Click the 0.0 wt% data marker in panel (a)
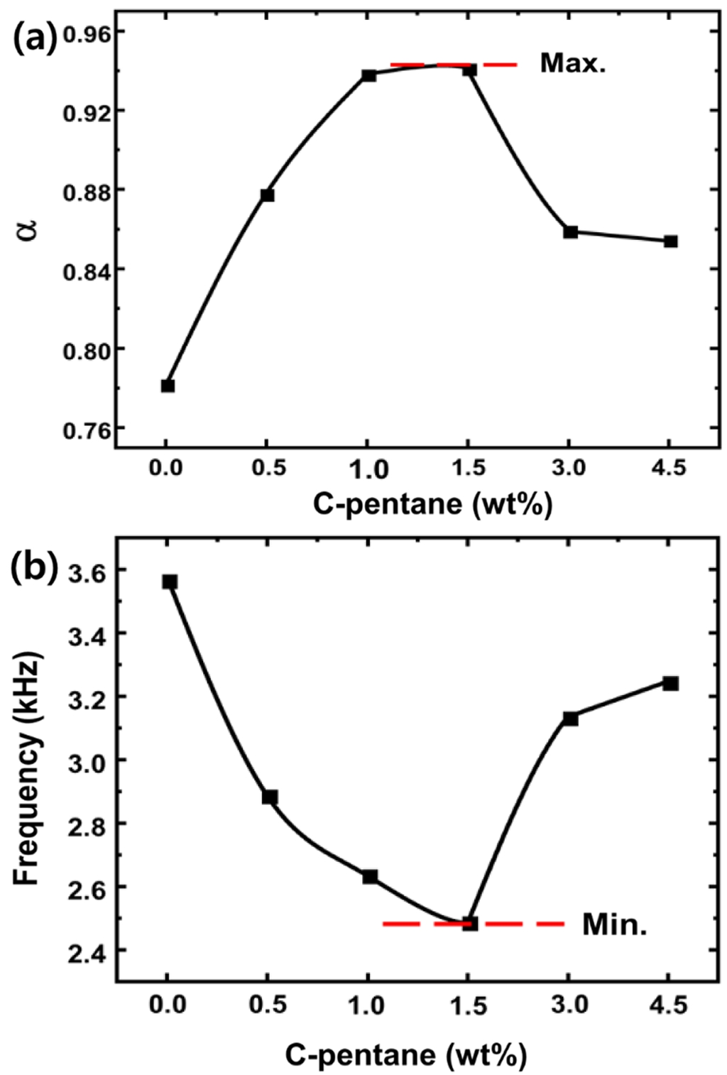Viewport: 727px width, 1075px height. click(x=168, y=386)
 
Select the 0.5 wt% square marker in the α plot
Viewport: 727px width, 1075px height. click(x=268, y=195)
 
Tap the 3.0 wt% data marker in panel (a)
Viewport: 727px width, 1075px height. click(x=571, y=231)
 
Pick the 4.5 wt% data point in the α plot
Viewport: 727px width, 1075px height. click(x=671, y=241)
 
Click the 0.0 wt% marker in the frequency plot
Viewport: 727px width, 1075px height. click(x=170, y=582)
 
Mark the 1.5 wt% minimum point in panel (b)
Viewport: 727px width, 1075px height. click(x=470, y=924)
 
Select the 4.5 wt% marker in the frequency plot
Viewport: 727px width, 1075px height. click(x=671, y=683)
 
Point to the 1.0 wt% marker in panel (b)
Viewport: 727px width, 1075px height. click(x=370, y=877)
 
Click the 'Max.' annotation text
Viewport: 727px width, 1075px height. click(x=573, y=64)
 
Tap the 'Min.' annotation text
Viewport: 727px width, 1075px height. click(x=614, y=924)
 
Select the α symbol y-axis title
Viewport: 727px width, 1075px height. click(x=27, y=231)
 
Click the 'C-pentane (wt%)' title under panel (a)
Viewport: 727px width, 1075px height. click(x=432, y=504)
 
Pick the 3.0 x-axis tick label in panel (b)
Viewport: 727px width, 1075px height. click(x=570, y=1006)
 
